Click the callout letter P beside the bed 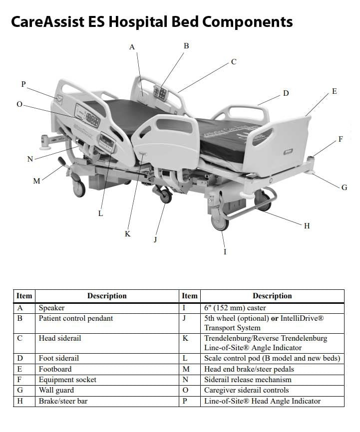pyautogui.click(x=23, y=84)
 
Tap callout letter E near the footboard pyautogui.click(x=334, y=91)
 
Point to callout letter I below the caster pyautogui.click(x=225, y=251)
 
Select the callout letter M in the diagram pyautogui.click(x=36, y=181)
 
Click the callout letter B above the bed pyautogui.click(x=186, y=46)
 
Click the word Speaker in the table pyautogui.click(x=52, y=308)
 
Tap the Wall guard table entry pyautogui.click(x=56, y=390)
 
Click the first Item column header pyautogui.click(x=24, y=296)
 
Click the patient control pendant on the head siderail pyautogui.click(x=161, y=92)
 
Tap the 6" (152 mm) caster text pyautogui.click(x=235, y=308)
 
